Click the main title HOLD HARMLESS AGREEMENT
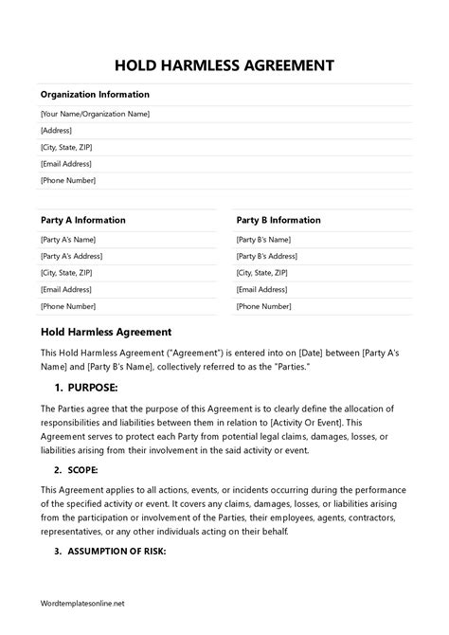click(224, 66)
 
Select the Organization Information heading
click(95, 95)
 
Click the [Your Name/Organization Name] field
click(96, 114)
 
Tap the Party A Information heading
click(83, 220)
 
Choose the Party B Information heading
click(278, 220)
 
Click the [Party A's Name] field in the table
click(69, 239)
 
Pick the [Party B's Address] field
click(268, 256)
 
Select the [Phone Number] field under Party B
click(263, 306)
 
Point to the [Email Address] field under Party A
click(66, 289)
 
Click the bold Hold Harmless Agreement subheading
click(106, 333)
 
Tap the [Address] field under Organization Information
click(58, 130)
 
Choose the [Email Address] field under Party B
click(262, 289)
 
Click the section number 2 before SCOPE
click(58, 469)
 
